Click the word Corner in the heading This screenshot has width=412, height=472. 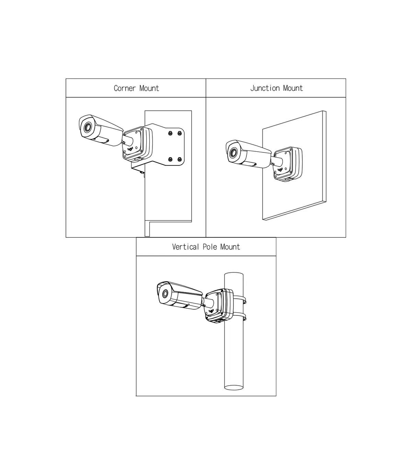[125, 88]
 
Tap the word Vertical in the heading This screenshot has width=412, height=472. [185, 247]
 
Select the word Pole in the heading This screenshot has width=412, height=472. [210, 247]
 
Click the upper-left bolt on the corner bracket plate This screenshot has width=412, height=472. [170, 133]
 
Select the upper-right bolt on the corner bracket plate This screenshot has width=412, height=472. [180, 133]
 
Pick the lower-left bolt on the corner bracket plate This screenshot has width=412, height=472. [170, 159]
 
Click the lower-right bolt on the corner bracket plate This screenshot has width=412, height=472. [180, 159]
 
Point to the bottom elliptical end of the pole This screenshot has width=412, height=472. [233, 387]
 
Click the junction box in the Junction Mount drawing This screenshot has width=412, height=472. [288, 164]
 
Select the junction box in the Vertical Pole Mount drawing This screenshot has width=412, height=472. [219, 305]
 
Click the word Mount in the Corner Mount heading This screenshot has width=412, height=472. [149, 88]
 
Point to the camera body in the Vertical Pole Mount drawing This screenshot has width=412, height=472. [180, 295]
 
